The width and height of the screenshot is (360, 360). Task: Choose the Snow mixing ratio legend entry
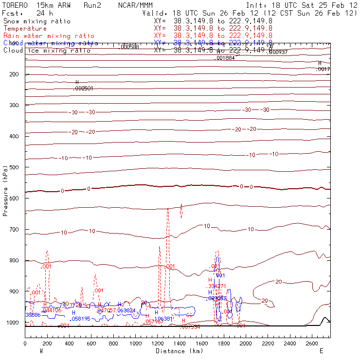[x=36, y=21]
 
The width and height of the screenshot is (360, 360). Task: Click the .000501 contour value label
[x=83, y=89]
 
